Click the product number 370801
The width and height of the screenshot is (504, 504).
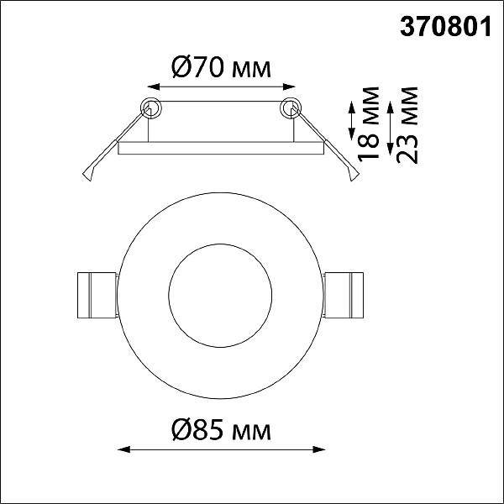445,27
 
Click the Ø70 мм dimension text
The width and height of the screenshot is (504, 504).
221,66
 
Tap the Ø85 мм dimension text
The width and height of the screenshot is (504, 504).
221,430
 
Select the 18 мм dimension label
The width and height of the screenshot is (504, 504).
369,124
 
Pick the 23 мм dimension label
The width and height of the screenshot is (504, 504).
407,125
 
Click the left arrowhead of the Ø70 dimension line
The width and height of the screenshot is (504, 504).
154,87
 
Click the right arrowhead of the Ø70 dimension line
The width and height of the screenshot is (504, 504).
289,87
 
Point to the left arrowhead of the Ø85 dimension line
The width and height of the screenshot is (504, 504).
124,449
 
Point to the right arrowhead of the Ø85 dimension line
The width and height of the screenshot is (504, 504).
319,449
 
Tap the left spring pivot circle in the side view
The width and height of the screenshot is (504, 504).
151,108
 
